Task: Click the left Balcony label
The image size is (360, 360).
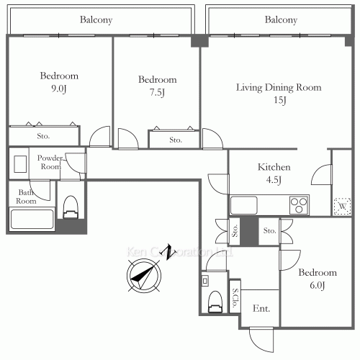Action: click(x=97, y=19)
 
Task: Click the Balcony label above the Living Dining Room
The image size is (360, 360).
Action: click(x=281, y=19)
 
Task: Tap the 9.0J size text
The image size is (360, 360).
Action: click(x=59, y=89)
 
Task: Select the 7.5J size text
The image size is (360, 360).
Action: click(x=157, y=92)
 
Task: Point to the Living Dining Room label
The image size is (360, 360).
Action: click(x=279, y=87)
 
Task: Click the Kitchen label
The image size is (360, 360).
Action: click(x=274, y=166)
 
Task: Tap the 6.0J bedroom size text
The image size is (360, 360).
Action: click(x=318, y=286)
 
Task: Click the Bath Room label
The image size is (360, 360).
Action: click(x=27, y=197)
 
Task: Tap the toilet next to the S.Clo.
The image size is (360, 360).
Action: click(x=214, y=301)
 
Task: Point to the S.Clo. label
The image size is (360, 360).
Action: click(x=235, y=298)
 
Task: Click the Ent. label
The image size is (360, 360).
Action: click(x=261, y=308)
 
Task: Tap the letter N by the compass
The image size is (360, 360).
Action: click(x=168, y=251)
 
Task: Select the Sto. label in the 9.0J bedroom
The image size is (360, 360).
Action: click(x=44, y=135)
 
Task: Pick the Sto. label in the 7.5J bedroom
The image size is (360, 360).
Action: click(x=176, y=140)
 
